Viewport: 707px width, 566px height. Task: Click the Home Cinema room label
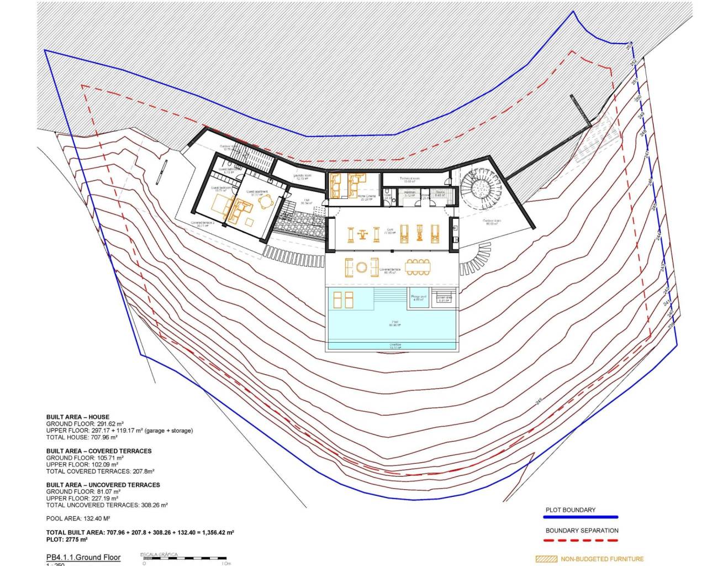(x=366, y=197)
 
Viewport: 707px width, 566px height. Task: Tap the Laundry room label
(x=302, y=177)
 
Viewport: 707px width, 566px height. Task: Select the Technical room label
(x=410, y=179)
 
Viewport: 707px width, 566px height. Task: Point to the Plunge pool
(x=419, y=298)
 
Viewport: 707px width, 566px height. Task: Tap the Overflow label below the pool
(x=395, y=345)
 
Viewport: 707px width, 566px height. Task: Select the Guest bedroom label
(x=221, y=188)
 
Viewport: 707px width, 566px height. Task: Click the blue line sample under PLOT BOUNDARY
(x=581, y=517)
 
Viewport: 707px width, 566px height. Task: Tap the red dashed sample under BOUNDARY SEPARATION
(x=581, y=539)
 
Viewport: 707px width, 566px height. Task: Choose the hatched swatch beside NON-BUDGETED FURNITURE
(x=546, y=559)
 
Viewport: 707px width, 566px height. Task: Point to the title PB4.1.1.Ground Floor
(x=83, y=557)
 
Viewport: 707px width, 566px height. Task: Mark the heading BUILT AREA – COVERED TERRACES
(x=99, y=451)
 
